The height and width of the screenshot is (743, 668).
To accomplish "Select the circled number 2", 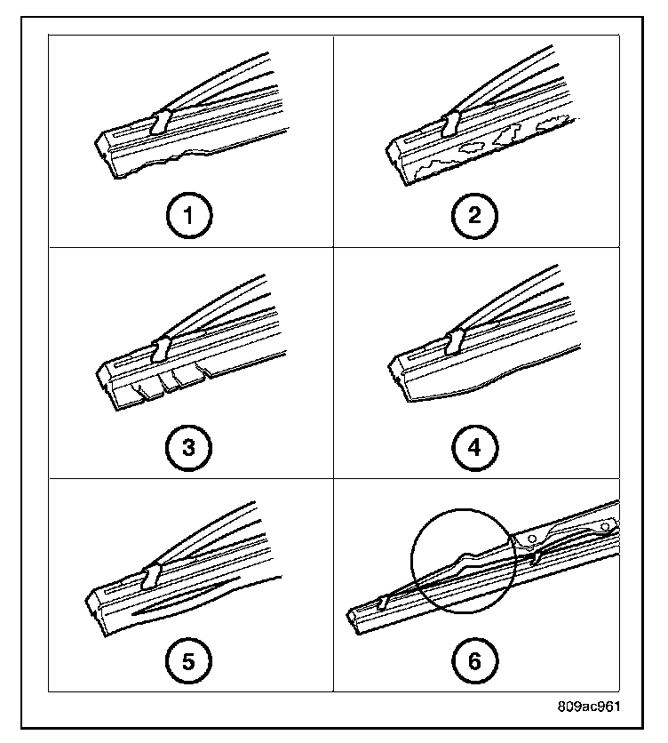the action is pyautogui.click(x=473, y=216).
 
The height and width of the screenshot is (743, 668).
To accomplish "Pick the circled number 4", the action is pyautogui.click(x=473, y=446).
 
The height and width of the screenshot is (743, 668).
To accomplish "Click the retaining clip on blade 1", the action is pyautogui.click(x=161, y=122).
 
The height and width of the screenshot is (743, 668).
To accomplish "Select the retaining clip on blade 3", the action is pyautogui.click(x=162, y=348).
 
